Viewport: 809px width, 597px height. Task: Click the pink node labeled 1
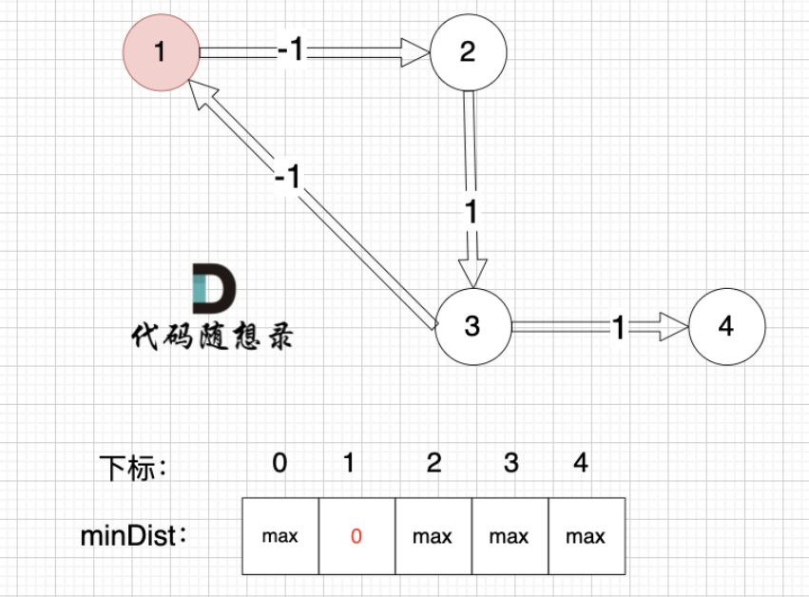click(161, 52)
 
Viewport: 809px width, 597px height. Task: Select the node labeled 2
click(467, 52)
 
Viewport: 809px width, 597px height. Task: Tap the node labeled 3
click(472, 326)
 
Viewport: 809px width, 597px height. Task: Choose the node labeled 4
click(726, 326)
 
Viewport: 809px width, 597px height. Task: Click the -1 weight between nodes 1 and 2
click(290, 51)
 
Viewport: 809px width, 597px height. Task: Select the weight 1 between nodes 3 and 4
click(618, 328)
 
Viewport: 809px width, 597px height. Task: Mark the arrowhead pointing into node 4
click(674, 327)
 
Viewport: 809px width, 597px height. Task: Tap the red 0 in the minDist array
click(356, 536)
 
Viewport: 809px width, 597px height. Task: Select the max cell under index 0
click(279, 536)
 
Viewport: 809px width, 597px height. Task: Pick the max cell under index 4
click(586, 536)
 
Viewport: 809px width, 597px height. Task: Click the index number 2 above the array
click(434, 463)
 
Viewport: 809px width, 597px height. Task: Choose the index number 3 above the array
click(511, 463)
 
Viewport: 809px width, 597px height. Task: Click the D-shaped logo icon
click(213, 290)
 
